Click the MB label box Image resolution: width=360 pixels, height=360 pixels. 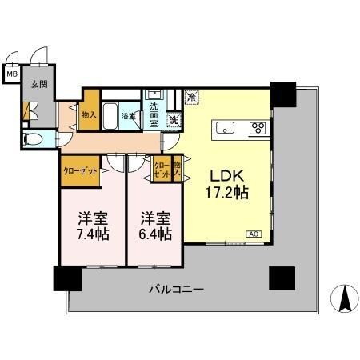point(12,75)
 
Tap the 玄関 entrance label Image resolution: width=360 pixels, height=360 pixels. point(38,83)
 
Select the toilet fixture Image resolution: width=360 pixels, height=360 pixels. point(33,139)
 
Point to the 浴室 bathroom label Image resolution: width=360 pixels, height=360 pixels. point(127,117)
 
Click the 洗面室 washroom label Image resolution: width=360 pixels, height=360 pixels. point(154,110)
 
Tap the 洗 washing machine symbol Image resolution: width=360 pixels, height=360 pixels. point(174,121)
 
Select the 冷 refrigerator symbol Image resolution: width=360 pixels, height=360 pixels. point(192,97)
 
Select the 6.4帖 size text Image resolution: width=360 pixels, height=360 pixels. point(154,234)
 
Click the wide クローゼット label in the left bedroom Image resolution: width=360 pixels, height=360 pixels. point(80,170)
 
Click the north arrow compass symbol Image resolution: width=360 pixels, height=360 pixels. point(345,299)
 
